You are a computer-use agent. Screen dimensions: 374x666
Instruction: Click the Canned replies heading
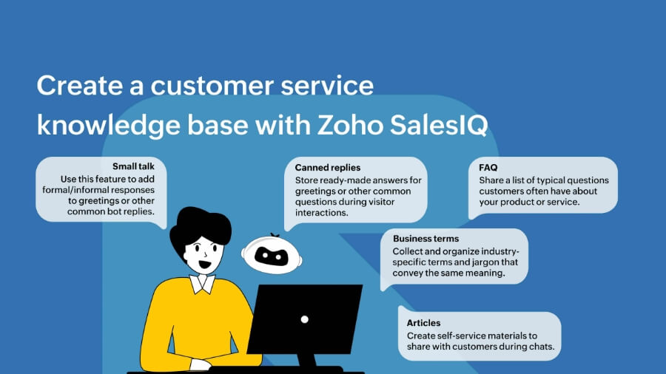pos(328,168)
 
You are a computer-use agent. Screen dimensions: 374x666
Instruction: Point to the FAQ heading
pos(488,168)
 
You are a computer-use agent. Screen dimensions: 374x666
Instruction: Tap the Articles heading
pos(423,323)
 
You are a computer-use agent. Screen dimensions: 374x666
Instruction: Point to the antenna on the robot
pos(275,236)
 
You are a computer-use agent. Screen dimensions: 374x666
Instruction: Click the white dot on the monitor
pos(304,319)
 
